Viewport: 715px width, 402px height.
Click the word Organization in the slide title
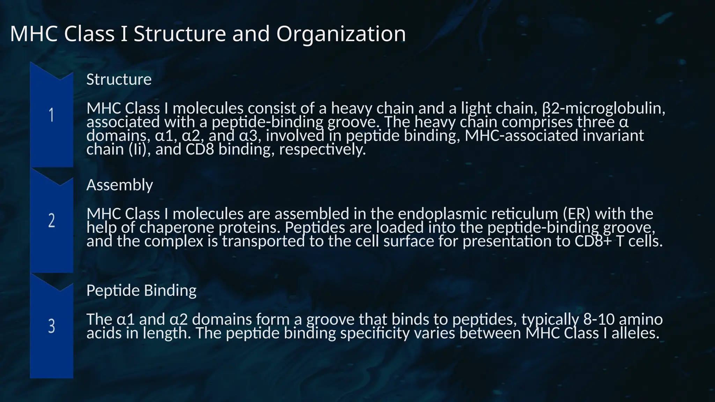click(x=341, y=34)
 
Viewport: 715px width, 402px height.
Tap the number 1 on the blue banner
click(x=52, y=115)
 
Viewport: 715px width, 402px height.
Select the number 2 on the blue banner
click(x=52, y=221)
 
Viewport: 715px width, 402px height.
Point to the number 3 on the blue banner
click(x=52, y=326)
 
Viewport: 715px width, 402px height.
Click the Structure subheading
click(x=119, y=80)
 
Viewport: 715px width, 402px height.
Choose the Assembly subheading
click(x=119, y=185)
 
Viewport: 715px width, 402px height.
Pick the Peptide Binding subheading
click(x=141, y=290)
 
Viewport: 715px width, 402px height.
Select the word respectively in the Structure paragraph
click(x=322, y=150)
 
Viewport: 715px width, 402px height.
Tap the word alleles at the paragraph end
click(x=635, y=333)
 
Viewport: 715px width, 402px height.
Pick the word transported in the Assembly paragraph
click(x=264, y=241)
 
